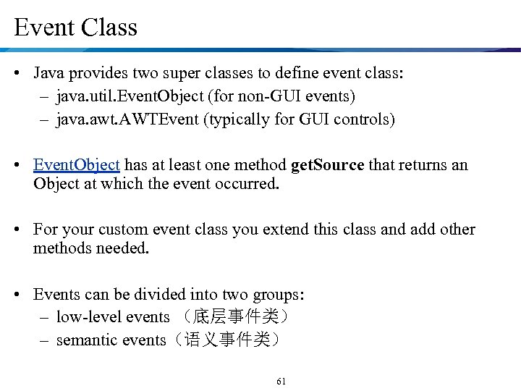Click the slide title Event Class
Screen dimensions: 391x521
click(75, 28)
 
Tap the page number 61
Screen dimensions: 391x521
click(281, 381)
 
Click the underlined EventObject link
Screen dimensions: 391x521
click(76, 165)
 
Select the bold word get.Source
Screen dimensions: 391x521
click(327, 165)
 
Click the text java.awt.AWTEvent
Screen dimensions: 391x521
click(127, 119)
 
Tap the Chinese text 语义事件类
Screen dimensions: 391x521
click(229, 340)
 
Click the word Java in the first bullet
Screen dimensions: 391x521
click(48, 74)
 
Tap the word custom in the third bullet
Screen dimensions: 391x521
click(121, 230)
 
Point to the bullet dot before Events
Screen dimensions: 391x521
click(22, 295)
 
